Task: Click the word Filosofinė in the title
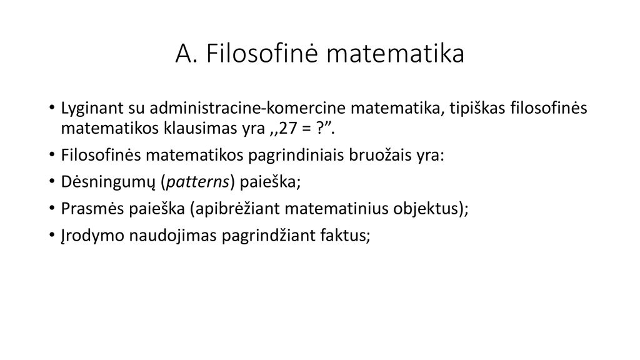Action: pos(262,52)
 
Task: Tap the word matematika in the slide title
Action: pos(396,54)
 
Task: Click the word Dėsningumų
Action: pos(108,182)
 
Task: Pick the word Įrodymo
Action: pos(92,236)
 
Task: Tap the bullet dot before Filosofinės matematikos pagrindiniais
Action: pos(51,156)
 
